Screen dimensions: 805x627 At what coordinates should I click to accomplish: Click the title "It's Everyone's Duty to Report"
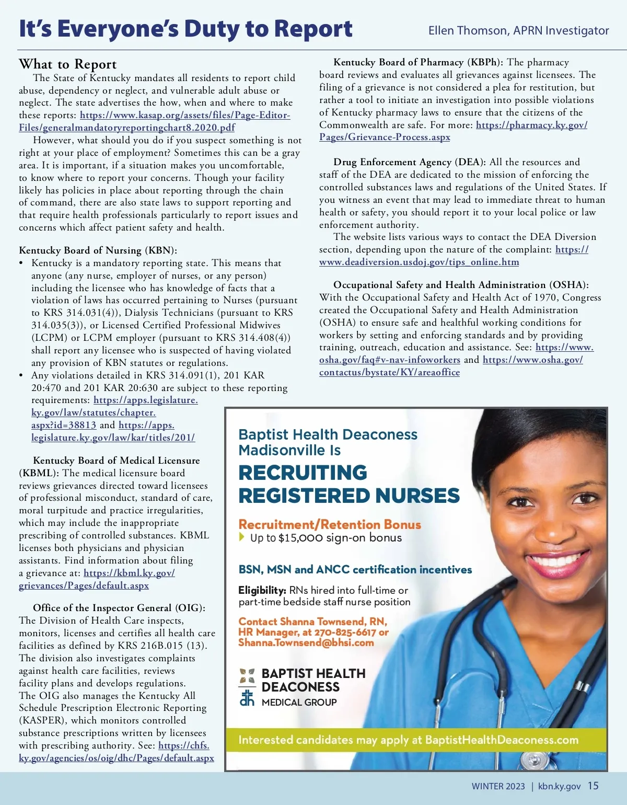pyautogui.click(x=185, y=29)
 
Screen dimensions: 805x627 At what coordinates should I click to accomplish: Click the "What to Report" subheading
pyautogui.click(x=68, y=64)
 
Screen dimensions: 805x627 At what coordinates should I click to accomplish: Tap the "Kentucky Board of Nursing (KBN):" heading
pyautogui.click(x=98, y=250)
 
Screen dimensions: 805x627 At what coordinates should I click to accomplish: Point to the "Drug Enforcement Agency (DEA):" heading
pyautogui.click(x=410, y=163)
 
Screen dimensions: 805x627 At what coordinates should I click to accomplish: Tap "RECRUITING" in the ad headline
pyautogui.click(x=303, y=473)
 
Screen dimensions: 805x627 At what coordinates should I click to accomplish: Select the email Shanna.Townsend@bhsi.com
pyautogui.click(x=306, y=643)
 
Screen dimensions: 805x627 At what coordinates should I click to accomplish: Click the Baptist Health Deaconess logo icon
pyautogui.click(x=247, y=687)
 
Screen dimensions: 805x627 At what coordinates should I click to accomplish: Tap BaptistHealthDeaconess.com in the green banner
pyautogui.click(x=502, y=740)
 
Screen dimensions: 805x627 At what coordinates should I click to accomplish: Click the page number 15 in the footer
pyautogui.click(x=593, y=786)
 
